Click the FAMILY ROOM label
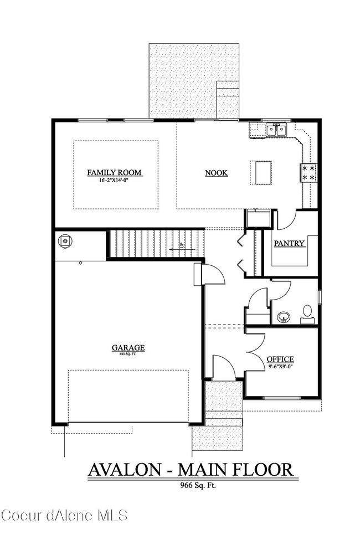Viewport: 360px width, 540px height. pyautogui.click(x=115, y=173)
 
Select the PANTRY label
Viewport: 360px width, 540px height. pyautogui.click(x=290, y=243)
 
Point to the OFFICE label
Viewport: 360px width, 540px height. pyautogui.click(x=280, y=359)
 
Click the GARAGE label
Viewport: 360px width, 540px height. pyautogui.click(x=128, y=348)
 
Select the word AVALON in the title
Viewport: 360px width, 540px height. pyautogui.click(x=126, y=470)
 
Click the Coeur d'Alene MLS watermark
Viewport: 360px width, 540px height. pyautogui.click(x=64, y=516)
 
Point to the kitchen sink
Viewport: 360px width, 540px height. pyautogui.click(x=276, y=131)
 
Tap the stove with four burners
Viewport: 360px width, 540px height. pyautogui.click(x=308, y=172)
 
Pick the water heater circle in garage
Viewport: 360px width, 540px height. pyautogui.click(x=66, y=241)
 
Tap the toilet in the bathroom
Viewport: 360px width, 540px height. pyautogui.click(x=307, y=313)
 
